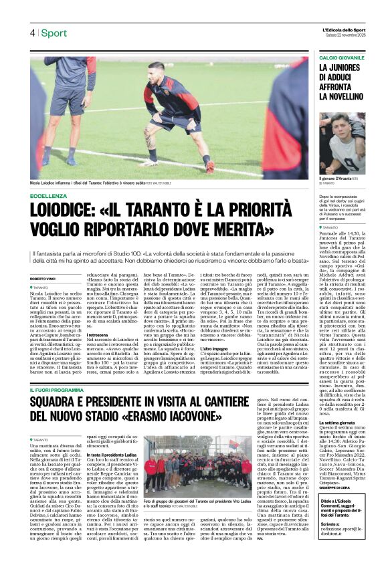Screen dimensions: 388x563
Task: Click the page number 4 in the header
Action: [31, 33]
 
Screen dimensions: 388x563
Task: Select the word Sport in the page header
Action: [54, 33]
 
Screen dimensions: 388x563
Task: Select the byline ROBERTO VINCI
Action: [43, 279]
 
